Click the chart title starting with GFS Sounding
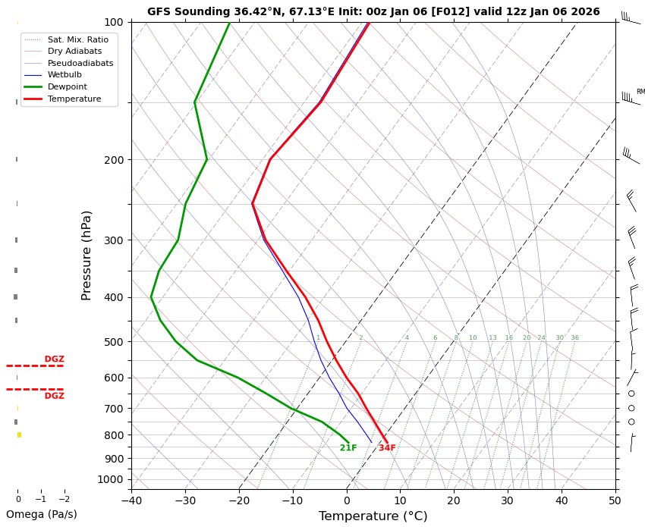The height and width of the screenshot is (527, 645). coord(373,11)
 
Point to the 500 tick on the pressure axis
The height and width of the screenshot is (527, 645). coord(112,342)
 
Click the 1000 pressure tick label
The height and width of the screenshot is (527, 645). coord(109,479)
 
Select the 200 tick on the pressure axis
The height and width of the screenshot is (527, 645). coord(112,160)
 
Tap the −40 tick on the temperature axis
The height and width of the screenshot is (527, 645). coord(131,500)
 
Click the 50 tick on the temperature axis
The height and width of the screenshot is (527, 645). coord(615,500)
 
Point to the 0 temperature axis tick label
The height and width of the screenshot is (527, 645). coord(347,500)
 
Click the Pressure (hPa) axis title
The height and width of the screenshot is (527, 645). coord(87,255)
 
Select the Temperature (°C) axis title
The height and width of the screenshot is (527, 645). coord(373,516)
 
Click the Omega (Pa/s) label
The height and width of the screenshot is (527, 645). coord(42,514)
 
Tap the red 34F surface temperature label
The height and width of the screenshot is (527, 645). coord(387,448)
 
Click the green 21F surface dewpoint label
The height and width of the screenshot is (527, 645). coord(348,448)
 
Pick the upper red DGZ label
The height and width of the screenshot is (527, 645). coord(54,359)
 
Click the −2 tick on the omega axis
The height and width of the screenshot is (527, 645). coord(64,500)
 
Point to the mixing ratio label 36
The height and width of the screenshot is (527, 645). coord(574,338)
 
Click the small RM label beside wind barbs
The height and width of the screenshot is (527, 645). coord(640,92)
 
